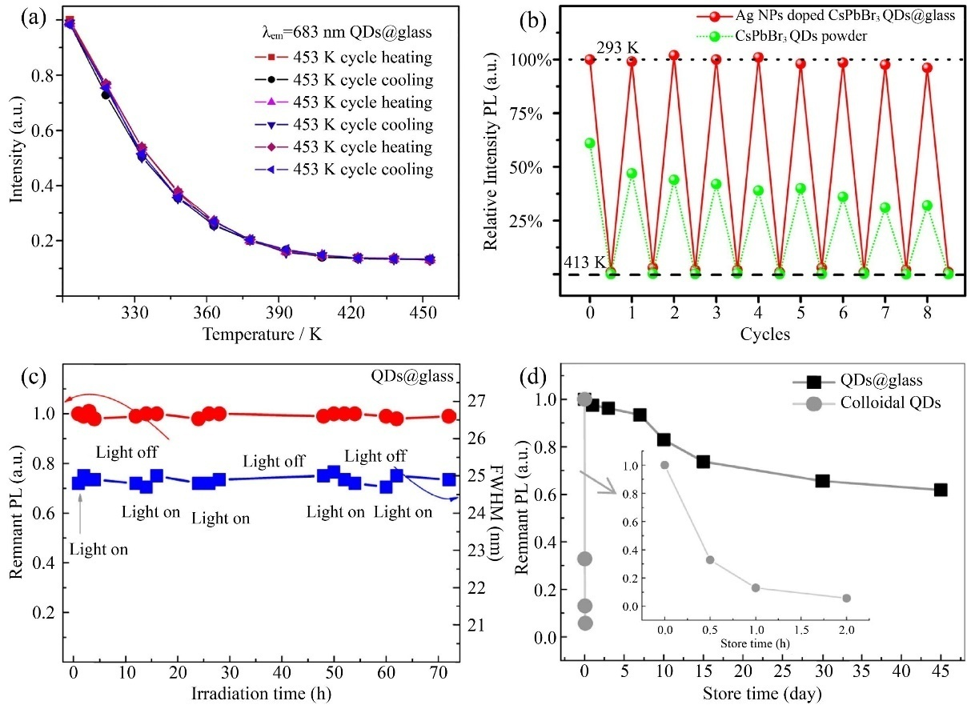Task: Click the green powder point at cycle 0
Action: pos(590,143)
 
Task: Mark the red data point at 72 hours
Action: pos(449,416)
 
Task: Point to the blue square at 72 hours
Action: pos(449,479)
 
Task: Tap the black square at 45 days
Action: pos(941,490)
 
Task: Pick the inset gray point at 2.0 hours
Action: pos(846,598)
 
